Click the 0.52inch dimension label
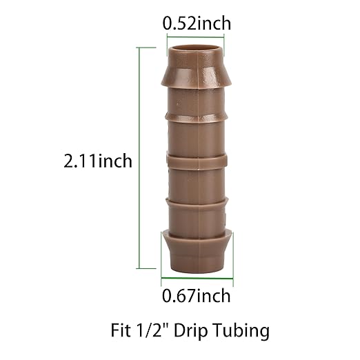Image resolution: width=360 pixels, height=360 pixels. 197,23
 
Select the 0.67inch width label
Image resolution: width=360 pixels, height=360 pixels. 197,297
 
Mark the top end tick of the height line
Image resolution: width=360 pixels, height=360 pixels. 147,47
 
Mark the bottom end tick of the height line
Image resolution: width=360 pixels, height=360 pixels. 147,268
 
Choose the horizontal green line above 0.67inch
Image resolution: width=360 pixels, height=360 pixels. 197,281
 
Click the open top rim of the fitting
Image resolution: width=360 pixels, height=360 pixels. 197,49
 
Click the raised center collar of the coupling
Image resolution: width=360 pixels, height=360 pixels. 197,161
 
